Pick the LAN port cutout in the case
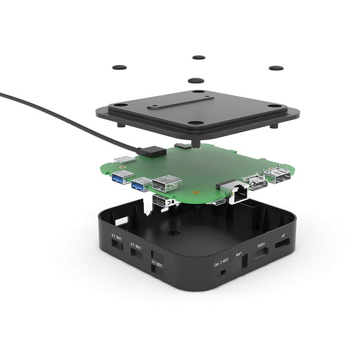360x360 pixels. (x=244, y=262)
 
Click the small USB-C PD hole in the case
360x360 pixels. (x=222, y=272)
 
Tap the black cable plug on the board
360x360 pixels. (x=152, y=151)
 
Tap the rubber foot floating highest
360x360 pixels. (x=199, y=58)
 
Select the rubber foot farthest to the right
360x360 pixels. (x=276, y=68)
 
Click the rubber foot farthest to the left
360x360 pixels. (x=120, y=67)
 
